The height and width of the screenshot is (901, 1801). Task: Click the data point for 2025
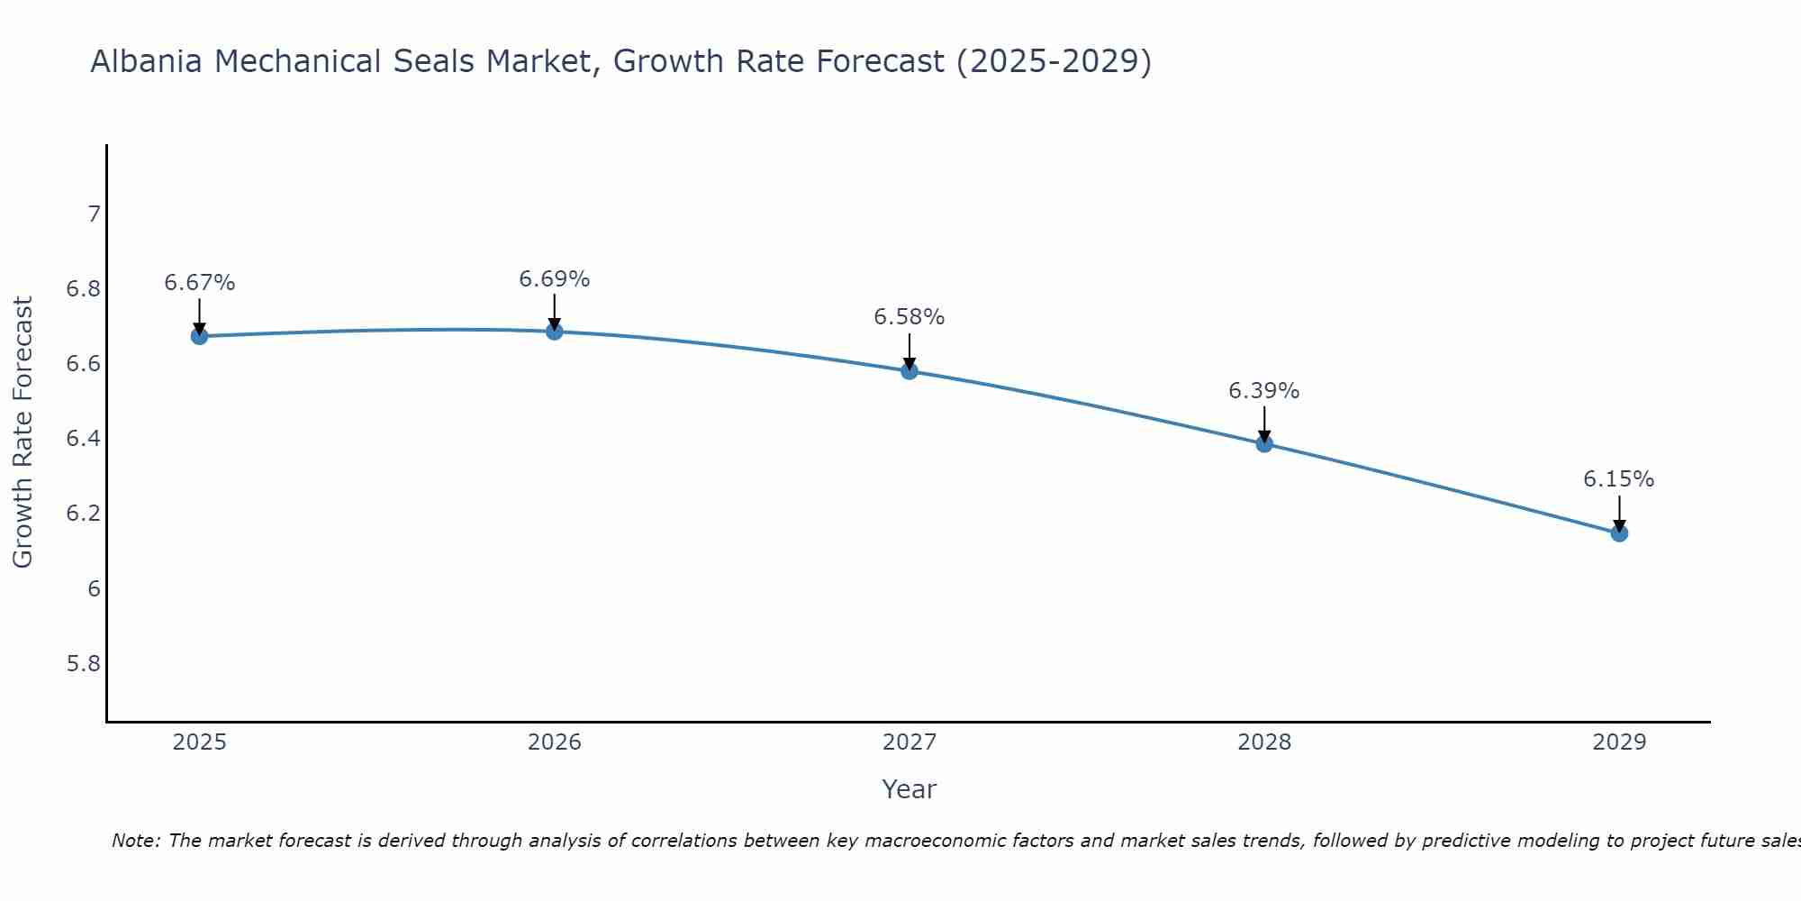click(199, 336)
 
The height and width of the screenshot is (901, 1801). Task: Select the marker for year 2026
click(555, 332)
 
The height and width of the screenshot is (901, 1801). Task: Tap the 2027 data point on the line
click(910, 370)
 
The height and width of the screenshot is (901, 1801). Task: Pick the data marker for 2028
click(1264, 443)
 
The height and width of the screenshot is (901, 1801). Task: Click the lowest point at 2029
click(1619, 533)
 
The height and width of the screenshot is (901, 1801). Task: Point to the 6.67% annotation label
click(199, 283)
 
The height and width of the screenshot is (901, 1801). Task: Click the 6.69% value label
click(555, 279)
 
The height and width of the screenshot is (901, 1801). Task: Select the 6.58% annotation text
click(910, 317)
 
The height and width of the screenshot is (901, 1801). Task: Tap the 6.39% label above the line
click(1264, 391)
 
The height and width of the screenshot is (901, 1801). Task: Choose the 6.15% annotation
click(1619, 479)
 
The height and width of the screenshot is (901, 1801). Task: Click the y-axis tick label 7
click(93, 214)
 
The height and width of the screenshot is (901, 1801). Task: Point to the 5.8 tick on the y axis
click(83, 664)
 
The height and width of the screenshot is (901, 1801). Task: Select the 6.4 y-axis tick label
click(83, 439)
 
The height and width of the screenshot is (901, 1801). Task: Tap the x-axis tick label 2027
click(910, 742)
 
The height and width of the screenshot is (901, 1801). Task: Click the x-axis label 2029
click(1619, 742)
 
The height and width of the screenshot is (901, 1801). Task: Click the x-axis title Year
click(910, 789)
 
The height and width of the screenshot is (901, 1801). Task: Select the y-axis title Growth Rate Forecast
click(23, 432)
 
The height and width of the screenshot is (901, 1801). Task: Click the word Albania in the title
click(148, 61)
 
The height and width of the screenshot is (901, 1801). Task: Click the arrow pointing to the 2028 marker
click(1264, 422)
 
